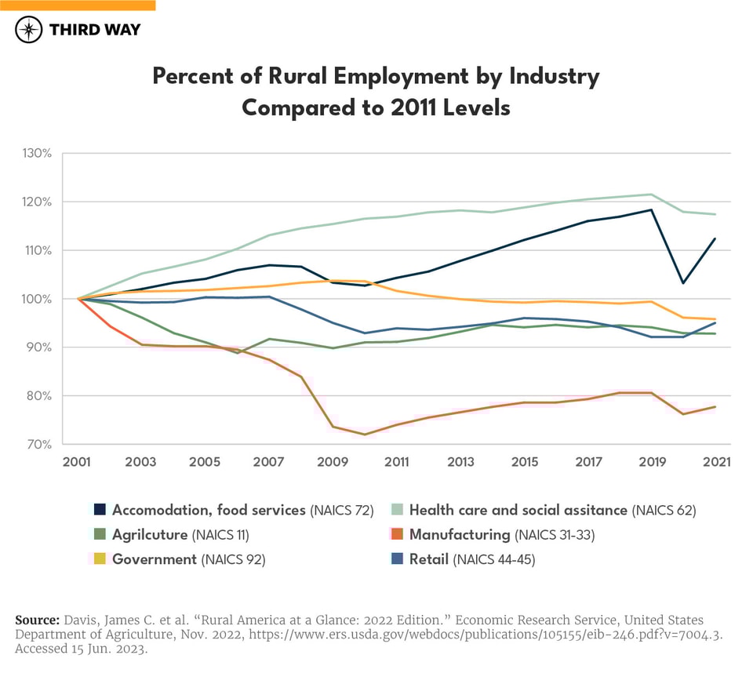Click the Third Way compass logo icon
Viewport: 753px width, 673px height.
pos(28,31)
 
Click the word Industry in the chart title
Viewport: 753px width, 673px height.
pos(555,77)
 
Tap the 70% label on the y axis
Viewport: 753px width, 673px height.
pos(37,444)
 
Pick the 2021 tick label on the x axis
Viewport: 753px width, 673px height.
pos(715,462)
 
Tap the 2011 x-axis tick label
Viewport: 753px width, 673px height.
pos(396,462)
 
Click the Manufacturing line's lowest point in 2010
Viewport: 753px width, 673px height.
pos(364,435)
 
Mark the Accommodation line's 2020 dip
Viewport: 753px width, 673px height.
pos(682,283)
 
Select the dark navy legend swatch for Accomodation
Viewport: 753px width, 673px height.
pos(100,510)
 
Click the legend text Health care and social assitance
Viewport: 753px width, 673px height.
pos(518,510)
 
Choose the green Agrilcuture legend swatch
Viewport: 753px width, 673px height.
pos(100,535)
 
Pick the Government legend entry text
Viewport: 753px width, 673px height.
pos(154,559)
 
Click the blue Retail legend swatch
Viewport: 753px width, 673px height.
pos(398,559)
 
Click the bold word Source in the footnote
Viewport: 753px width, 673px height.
pos(37,620)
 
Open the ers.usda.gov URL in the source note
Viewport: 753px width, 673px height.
pos(533,634)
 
